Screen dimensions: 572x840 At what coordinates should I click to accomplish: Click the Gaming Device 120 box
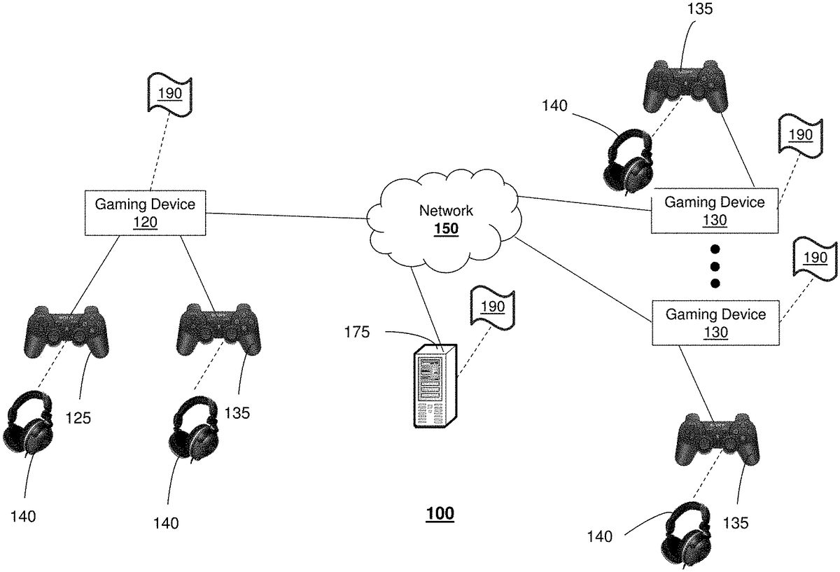tap(146, 212)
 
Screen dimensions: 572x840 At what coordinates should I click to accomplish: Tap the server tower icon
tap(433, 384)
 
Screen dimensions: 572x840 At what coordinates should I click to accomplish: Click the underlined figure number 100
tap(440, 514)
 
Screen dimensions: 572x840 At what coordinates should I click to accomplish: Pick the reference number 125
tap(78, 418)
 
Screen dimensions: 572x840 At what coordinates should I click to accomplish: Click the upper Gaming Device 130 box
tap(715, 211)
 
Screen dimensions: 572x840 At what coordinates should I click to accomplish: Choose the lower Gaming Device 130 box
tap(715, 323)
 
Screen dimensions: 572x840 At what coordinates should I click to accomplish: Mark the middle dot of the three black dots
tap(715, 266)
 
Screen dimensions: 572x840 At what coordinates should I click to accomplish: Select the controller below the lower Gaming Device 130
tap(717, 438)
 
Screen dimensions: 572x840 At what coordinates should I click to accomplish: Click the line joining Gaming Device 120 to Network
tap(287, 216)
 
